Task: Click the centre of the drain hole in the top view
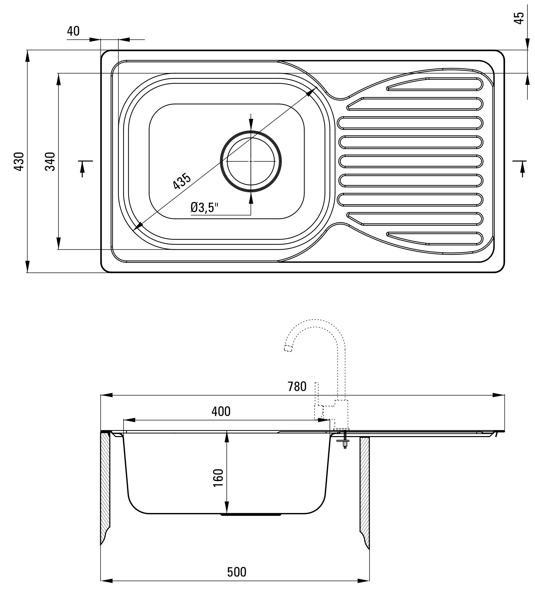[x=251, y=161]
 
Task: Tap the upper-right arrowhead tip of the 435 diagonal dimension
[x=316, y=87]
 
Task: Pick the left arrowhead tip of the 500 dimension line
[x=101, y=581]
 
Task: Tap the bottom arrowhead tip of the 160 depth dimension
[x=227, y=513]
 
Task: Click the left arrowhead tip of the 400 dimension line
[x=123, y=420]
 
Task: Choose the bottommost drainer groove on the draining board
[x=435, y=238]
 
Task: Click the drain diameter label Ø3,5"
[x=204, y=208]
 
